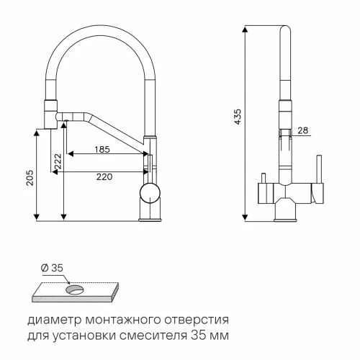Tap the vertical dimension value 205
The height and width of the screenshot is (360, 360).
point(30,179)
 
